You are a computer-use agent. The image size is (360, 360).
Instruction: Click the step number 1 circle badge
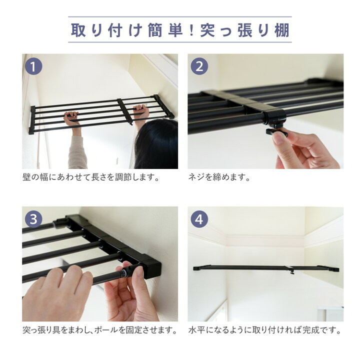pyautogui.click(x=33, y=66)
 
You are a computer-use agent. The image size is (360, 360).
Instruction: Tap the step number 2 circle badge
pyautogui.click(x=199, y=66)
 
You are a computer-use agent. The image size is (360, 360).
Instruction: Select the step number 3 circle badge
pyautogui.click(x=33, y=219)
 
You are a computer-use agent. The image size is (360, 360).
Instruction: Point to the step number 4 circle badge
pyautogui.click(x=199, y=219)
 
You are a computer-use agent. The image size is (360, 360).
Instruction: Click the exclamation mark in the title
pyautogui.click(x=191, y=30)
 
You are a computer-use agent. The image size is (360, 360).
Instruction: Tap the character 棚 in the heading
pyautogui.click(x=282, y=30)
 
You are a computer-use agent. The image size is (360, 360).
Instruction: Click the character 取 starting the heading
pyautogui.click(x=78, y=30)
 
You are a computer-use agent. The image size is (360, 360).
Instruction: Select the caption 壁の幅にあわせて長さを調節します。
pyautogui.click(x=91, y=177)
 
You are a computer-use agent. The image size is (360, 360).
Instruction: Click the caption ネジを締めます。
pyautogui.click(x=219, y=177)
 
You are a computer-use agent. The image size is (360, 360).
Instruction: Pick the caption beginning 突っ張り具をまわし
pyautogui.click(x=100, y=330)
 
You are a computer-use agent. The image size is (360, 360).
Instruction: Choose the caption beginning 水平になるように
pyautogui.click(x=265, y=330)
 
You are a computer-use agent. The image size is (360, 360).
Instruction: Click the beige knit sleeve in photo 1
pyautogui.click(x=77, y=152)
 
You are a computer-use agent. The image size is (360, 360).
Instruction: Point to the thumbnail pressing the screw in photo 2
pyautogui.click(x=278, y=138)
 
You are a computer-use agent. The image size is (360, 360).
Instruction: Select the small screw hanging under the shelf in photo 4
pyautogui.click(x=292, y=272)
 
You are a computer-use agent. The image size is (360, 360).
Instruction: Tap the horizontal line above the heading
pyautogui.click(x=180, y=17)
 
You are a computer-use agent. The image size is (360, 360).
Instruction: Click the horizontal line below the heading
pyautogui.click(x=180, y=42)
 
